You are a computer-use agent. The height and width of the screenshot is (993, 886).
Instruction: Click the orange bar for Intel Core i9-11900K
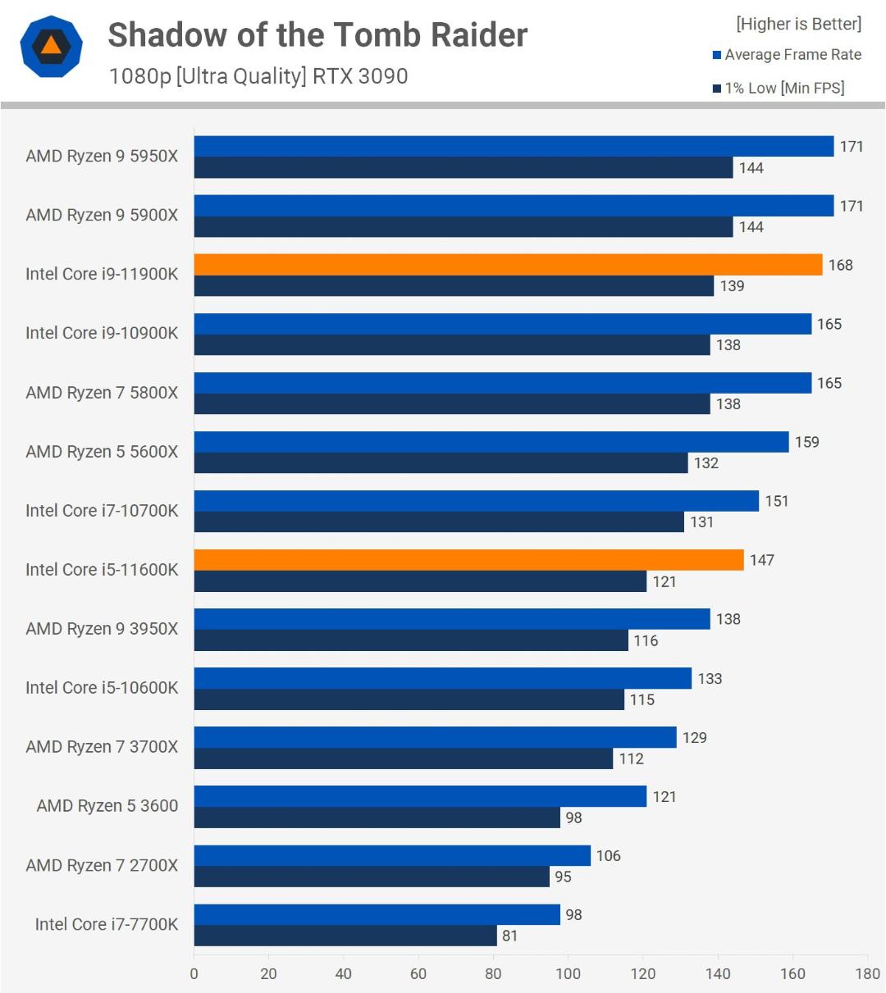tap(508, 264)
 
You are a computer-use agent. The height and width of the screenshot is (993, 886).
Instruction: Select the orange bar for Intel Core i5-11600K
tap(468, 560)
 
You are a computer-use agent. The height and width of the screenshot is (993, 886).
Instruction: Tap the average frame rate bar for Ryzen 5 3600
tap(420, 796)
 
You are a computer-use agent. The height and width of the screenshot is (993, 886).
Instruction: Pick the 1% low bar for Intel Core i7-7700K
tap(345, 936)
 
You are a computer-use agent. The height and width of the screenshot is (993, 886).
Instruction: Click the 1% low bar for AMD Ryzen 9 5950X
tap(464, 167)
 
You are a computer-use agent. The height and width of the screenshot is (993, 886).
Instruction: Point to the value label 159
tap(807, 442)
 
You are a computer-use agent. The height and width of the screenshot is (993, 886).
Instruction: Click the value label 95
tap(563, 877)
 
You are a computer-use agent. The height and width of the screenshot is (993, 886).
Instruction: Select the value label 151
tap(777, 501)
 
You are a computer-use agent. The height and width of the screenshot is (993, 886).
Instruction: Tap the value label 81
tap(509, 936)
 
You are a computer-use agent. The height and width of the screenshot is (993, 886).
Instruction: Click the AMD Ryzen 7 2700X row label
tap(102, 865)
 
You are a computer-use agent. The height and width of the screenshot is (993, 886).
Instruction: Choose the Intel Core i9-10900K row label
tap(102, 333)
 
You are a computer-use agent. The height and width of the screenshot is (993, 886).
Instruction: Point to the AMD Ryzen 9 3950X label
tap(102, 628)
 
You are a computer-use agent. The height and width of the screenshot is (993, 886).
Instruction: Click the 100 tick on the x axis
tap(569, 973)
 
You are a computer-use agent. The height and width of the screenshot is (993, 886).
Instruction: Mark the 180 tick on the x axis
tap(867, 973)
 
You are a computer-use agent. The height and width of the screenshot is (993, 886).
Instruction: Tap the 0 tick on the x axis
tap(194, 973)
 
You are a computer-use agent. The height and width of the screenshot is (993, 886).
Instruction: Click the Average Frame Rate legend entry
tap(787, 54)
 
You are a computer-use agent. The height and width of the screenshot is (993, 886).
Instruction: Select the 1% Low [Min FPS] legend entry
tap(779, 89)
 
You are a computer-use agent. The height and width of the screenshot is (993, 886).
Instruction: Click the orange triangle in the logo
tap(51, 46)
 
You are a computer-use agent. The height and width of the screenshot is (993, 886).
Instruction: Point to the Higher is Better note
tap(799, 24)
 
